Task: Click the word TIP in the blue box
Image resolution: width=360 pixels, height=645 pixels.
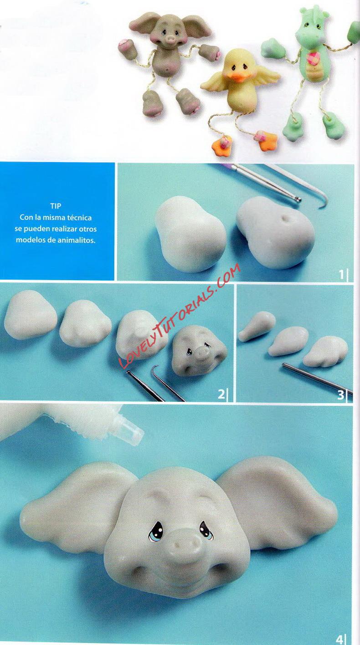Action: pyautogui.click(x=56, y=206)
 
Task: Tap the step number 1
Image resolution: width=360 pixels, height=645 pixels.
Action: pyautogui.click(x=341, y=275)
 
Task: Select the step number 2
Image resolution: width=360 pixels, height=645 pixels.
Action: pyautogui.click(x=221, y=394)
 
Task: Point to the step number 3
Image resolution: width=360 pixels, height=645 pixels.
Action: pyautogui.click(x=341, y=394)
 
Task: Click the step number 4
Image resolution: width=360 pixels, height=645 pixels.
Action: pyautogui.click(x=340, y=638)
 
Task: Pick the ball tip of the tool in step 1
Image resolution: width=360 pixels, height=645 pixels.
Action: pyautogui.click(x=299, y=199)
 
